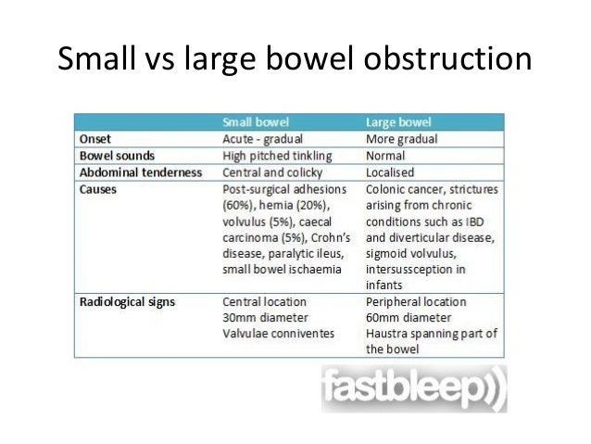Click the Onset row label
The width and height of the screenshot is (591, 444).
[94, 139]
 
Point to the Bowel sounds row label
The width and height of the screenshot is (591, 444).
[115, 156]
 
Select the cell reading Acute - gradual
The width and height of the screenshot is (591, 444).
[265, 139]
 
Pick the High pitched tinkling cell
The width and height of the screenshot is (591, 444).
[280, 156]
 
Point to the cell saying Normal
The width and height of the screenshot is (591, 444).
[384, 156]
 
